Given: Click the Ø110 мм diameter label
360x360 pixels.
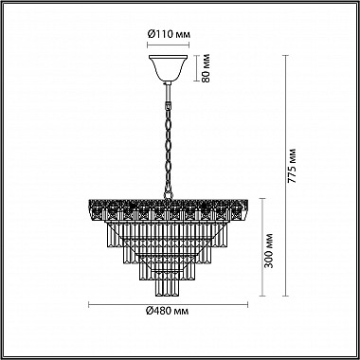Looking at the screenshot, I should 168,35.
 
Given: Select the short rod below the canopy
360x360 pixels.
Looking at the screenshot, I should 168,91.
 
